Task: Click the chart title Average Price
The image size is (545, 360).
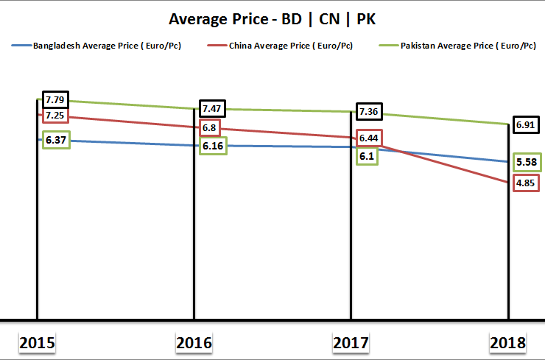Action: point(272,18)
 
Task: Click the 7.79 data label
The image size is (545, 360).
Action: point(55,99)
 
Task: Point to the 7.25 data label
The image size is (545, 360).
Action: point(55,116)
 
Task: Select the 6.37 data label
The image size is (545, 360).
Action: point(56,140)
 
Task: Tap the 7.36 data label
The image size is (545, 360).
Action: point(368,112)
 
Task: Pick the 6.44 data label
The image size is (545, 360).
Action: point(368,138)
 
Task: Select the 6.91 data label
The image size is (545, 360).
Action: point(525,125)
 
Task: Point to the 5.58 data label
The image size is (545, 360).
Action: point(525,162)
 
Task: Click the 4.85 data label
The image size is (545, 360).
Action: point(525,183)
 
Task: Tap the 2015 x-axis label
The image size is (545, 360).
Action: point(37,342)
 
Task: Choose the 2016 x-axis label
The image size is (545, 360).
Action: point(194,342)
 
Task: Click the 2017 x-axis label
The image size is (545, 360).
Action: point(351,342)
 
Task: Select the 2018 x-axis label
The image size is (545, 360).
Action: point(508,342)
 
